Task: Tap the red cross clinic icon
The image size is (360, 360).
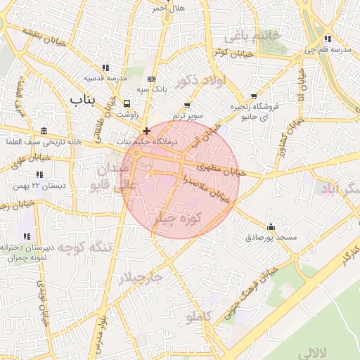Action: (146, 131)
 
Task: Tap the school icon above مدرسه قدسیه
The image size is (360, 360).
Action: (105, 67)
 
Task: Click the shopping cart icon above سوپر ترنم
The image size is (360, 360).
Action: (187, 105)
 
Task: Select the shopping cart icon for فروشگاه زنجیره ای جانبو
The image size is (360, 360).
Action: (254, 96)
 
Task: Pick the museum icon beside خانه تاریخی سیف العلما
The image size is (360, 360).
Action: (44, 131)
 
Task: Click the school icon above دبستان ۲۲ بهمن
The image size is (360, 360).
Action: (40, 174)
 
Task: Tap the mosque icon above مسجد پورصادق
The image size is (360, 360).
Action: (271, 226)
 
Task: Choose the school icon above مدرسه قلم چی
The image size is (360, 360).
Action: (328, 39)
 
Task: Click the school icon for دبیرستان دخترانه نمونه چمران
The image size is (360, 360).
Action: (27, 236)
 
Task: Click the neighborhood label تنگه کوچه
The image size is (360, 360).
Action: (85, 248)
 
